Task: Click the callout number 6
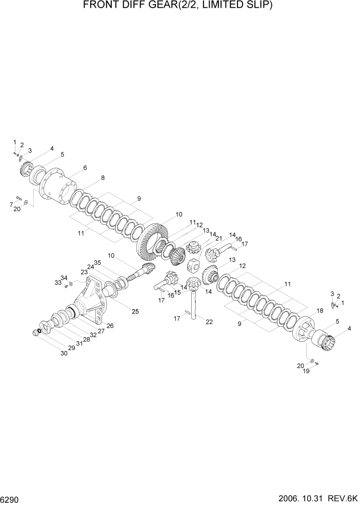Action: [x=85, y=168]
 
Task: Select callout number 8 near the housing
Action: [x=103, y=178]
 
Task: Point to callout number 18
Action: [x=319, y=311]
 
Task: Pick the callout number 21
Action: [x=219, y=239]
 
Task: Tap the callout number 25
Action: [x=135, y=311]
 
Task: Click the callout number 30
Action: [x=64, y=354]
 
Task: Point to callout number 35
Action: [x=97, y=263]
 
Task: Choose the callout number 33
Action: [x=57, y=283]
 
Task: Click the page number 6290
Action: [x=11, y=499]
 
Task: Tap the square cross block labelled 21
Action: [x=194, y=268]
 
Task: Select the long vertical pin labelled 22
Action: [x=194, y=308]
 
